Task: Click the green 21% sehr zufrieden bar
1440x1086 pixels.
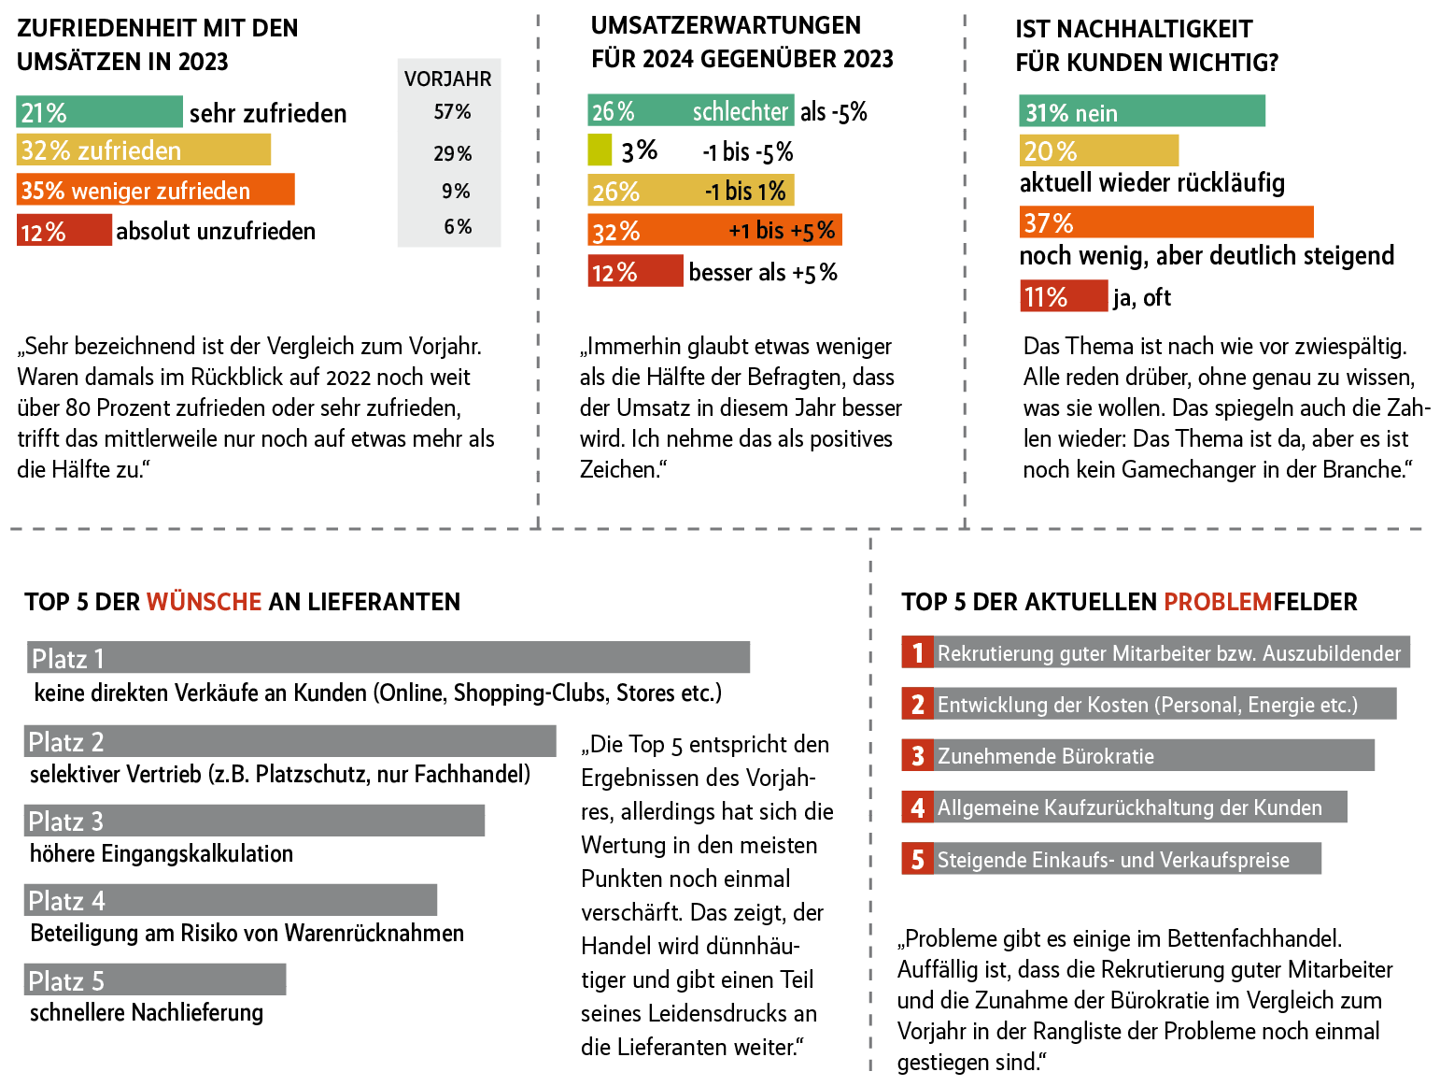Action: [x=99, y=112]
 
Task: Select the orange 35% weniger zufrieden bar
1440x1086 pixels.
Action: [x=155, y=190]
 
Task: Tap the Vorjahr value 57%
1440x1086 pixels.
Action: [x=452, y=112]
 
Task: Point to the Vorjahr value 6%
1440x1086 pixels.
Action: [x=458, y=227]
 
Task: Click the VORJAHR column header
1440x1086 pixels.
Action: [x=448, y=79]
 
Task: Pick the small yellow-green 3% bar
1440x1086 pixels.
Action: [x=600, y=150]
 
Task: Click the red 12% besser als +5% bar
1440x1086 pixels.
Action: [x=635, y=272]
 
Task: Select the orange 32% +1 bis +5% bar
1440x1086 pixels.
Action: [x=714, y=230]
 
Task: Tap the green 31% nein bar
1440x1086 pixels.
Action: [x=1141, y=112]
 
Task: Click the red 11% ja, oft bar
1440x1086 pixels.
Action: [x=1063, y=297]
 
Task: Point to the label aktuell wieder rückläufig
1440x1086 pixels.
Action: [x=1151, y=183]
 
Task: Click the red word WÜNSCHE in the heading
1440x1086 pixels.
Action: [x=204, y=602]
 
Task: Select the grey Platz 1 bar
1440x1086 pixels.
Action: [x=388, y=658]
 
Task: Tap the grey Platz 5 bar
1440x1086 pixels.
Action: [x=155, y=980]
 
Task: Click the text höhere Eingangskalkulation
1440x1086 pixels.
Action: [x=162, y=854]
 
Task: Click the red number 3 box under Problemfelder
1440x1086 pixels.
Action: [x=917, y=756]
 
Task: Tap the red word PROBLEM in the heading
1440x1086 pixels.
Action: [x=1219, y=602]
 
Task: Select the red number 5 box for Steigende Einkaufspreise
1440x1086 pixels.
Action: [x=917, y=860]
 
